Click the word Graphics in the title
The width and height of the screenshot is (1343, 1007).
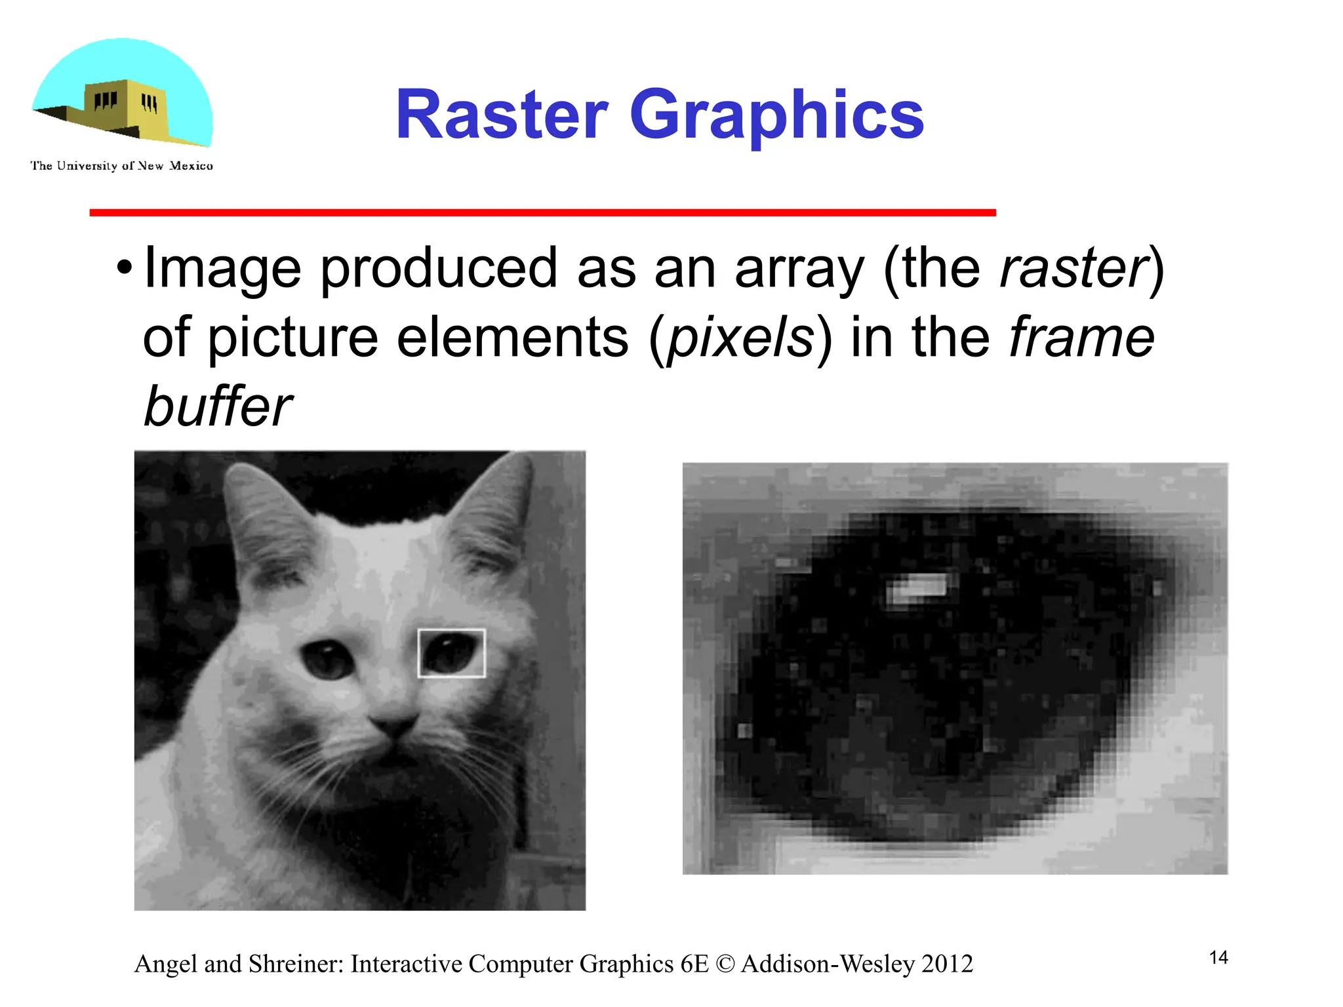pyautogui.click(x=776, y=115)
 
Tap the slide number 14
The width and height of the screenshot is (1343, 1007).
pyautogui.click(x=1218, y=958)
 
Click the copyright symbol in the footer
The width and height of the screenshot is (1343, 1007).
pyautogui.click(x=725, y=964)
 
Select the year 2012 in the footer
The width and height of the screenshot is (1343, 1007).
pyautogui.click(x=947, y=964)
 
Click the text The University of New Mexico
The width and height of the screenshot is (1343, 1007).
pyautogui.click(x=121, y=166)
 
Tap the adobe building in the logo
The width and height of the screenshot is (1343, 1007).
pyautogui.click(x=125, y=108)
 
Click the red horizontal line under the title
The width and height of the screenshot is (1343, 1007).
pyautogui.click(x=542, y=212)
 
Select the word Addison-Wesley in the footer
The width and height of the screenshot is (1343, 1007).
pyautogui.click(x=828, y=964)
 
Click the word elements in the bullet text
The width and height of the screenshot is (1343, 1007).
pyautogui.click(x=512, y=338)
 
